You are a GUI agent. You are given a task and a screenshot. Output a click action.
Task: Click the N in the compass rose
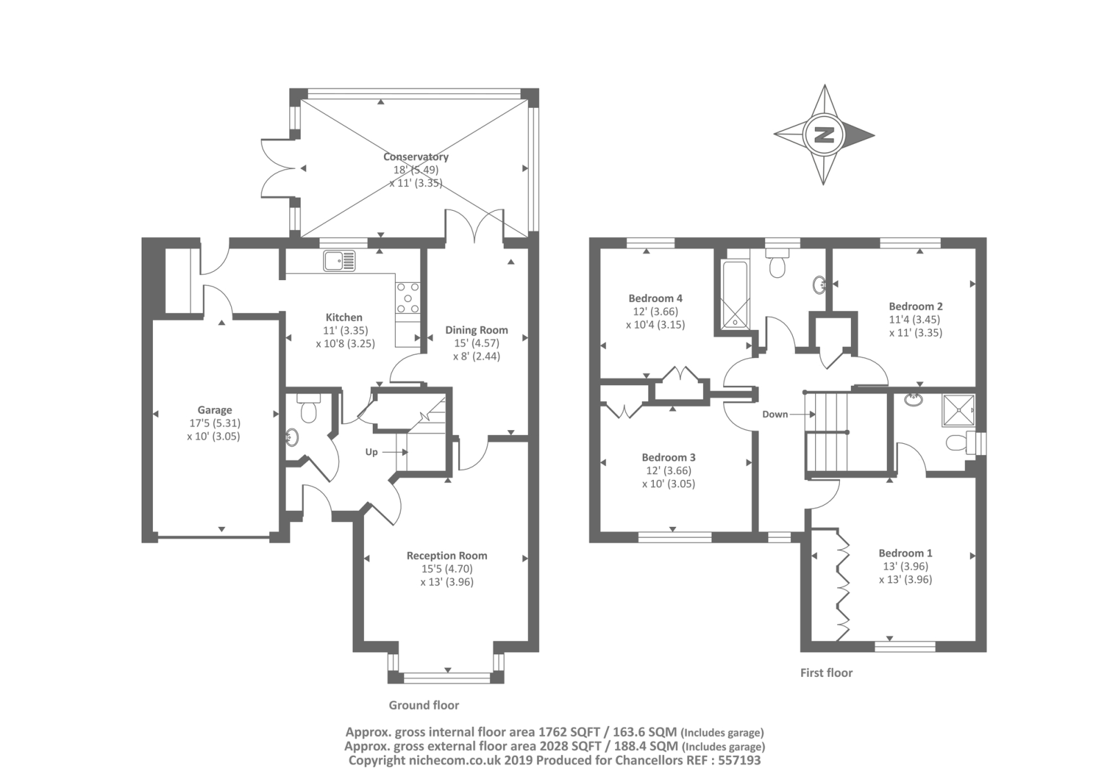[x=824, y=135]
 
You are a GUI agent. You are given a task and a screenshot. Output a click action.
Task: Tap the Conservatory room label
[x=416, y=156]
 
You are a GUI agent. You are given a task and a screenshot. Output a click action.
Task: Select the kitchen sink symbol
[x=340, y=261]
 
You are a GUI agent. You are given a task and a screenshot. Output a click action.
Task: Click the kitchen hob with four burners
[x=408, y=298]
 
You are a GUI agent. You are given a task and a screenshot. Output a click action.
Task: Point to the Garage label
[x=214, y=410]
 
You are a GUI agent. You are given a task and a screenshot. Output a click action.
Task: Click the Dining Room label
[x=477, y=330]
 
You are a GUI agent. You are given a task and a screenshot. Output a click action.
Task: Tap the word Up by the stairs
[x=371, y=452]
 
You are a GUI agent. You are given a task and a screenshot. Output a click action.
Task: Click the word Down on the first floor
[x=775, y=414]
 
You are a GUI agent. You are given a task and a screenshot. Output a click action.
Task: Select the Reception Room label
[x=447, y=556]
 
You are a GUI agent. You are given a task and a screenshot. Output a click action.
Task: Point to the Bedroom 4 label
[x=655, y=299]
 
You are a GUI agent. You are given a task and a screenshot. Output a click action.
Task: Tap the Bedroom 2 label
[x=916, y=306]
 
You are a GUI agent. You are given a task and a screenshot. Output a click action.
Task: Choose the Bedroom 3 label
[x=668, y=458]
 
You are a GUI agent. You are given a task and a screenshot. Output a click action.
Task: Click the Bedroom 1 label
[x=906, y=553]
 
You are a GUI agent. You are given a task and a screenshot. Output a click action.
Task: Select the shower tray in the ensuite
[x=959, y=410]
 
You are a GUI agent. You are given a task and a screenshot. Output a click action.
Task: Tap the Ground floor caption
[x=424, y=705]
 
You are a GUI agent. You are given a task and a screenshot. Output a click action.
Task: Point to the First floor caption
[x=826, y=673]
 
